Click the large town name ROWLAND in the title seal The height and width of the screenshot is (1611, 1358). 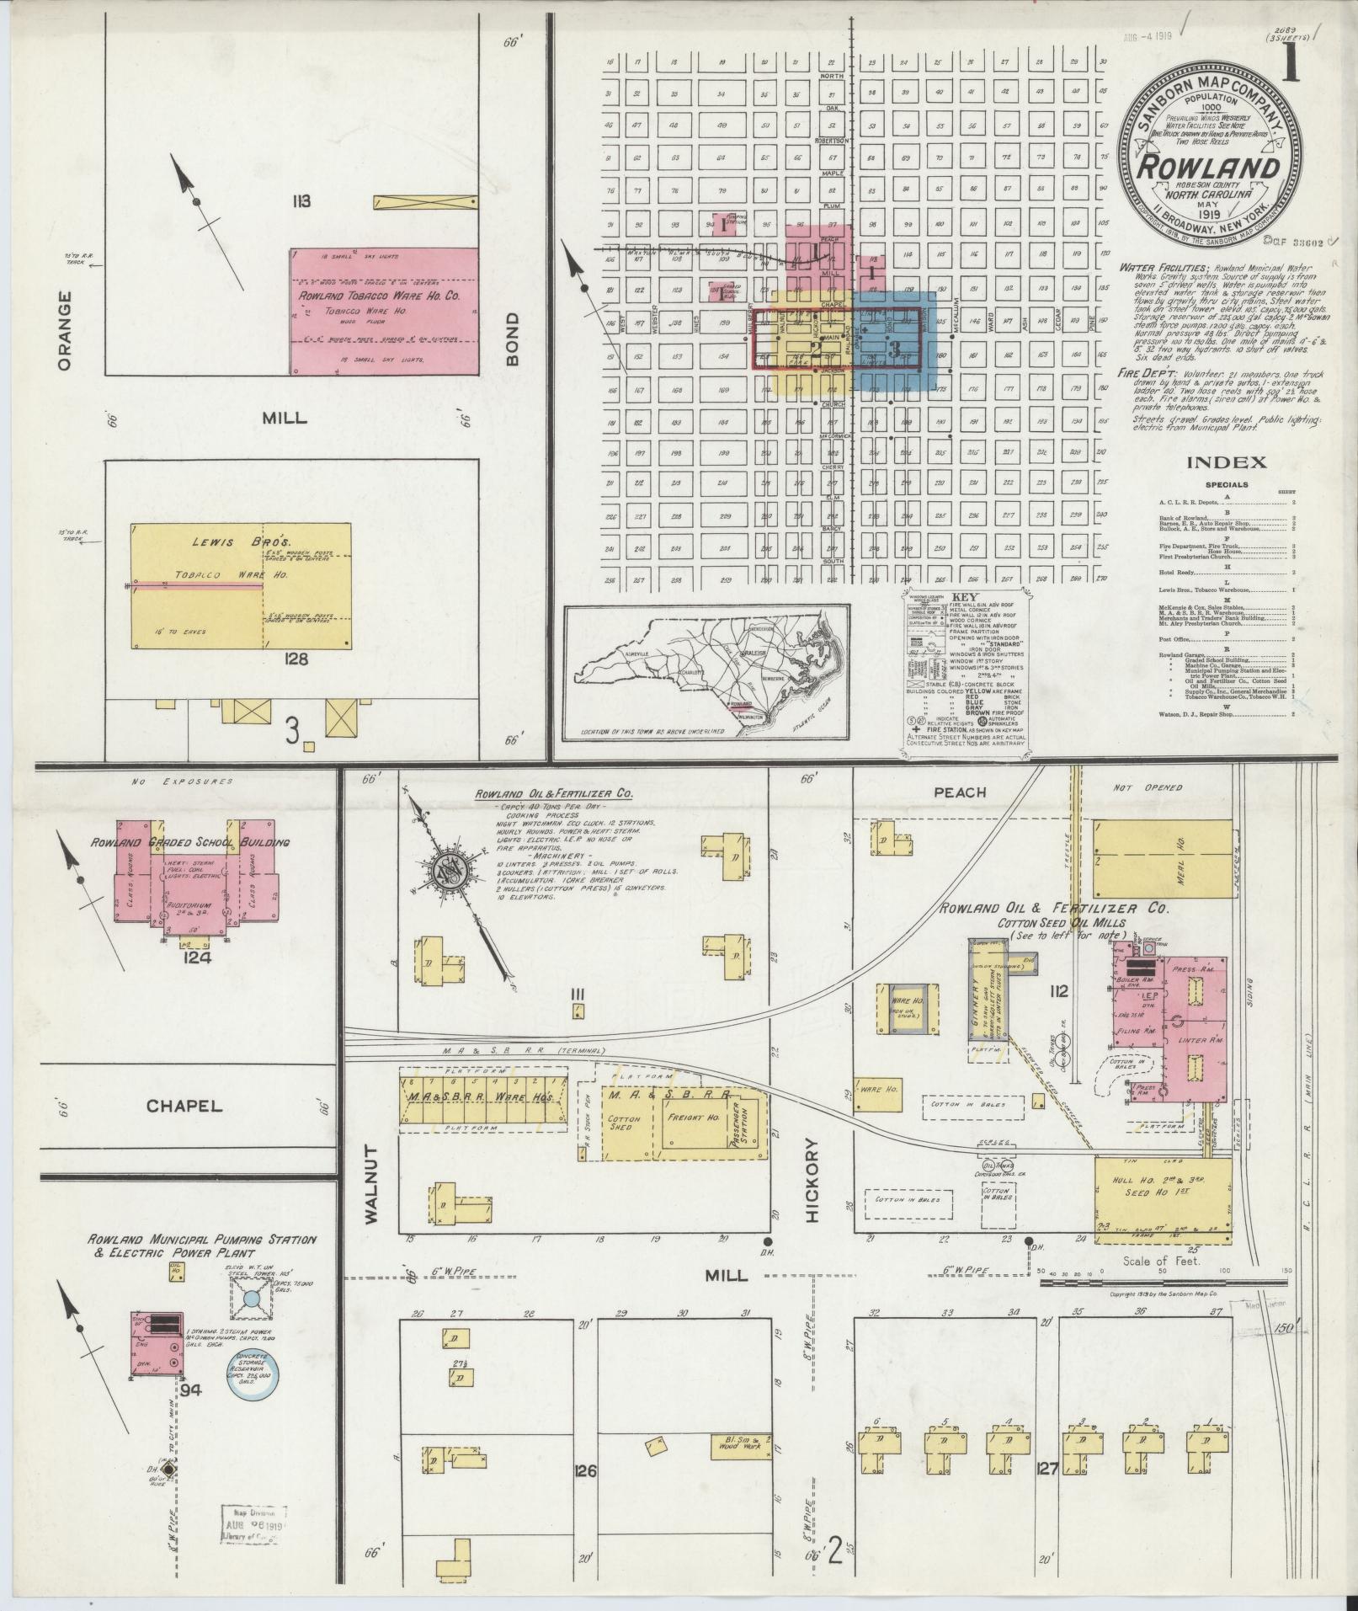click(1206, 168)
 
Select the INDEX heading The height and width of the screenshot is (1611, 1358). click(1227, 461)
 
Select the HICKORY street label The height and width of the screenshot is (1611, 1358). click(812, 1179)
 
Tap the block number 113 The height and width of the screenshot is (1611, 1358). click(301, 201)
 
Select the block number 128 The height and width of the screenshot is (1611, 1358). click(297, 659)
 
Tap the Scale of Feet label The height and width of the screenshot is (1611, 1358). click(1150, 1261)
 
